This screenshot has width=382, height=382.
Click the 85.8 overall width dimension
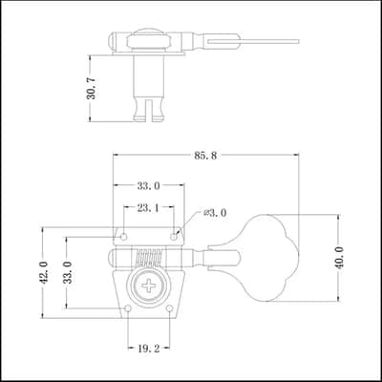click(205, 156)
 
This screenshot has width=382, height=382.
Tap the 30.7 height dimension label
click(92, 89)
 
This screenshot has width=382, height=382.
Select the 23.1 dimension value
click(148, 208)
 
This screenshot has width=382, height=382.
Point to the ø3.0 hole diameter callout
click(215, 213)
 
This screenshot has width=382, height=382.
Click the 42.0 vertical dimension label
click(45, 272)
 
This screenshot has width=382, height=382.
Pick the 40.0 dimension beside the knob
click(339, 258)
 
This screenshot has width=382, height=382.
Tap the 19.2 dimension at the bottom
click(149, 349)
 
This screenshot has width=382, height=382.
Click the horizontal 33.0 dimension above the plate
click(149, 186)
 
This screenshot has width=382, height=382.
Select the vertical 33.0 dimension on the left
click(69, 272)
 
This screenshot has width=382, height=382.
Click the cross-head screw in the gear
click(149, 286)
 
